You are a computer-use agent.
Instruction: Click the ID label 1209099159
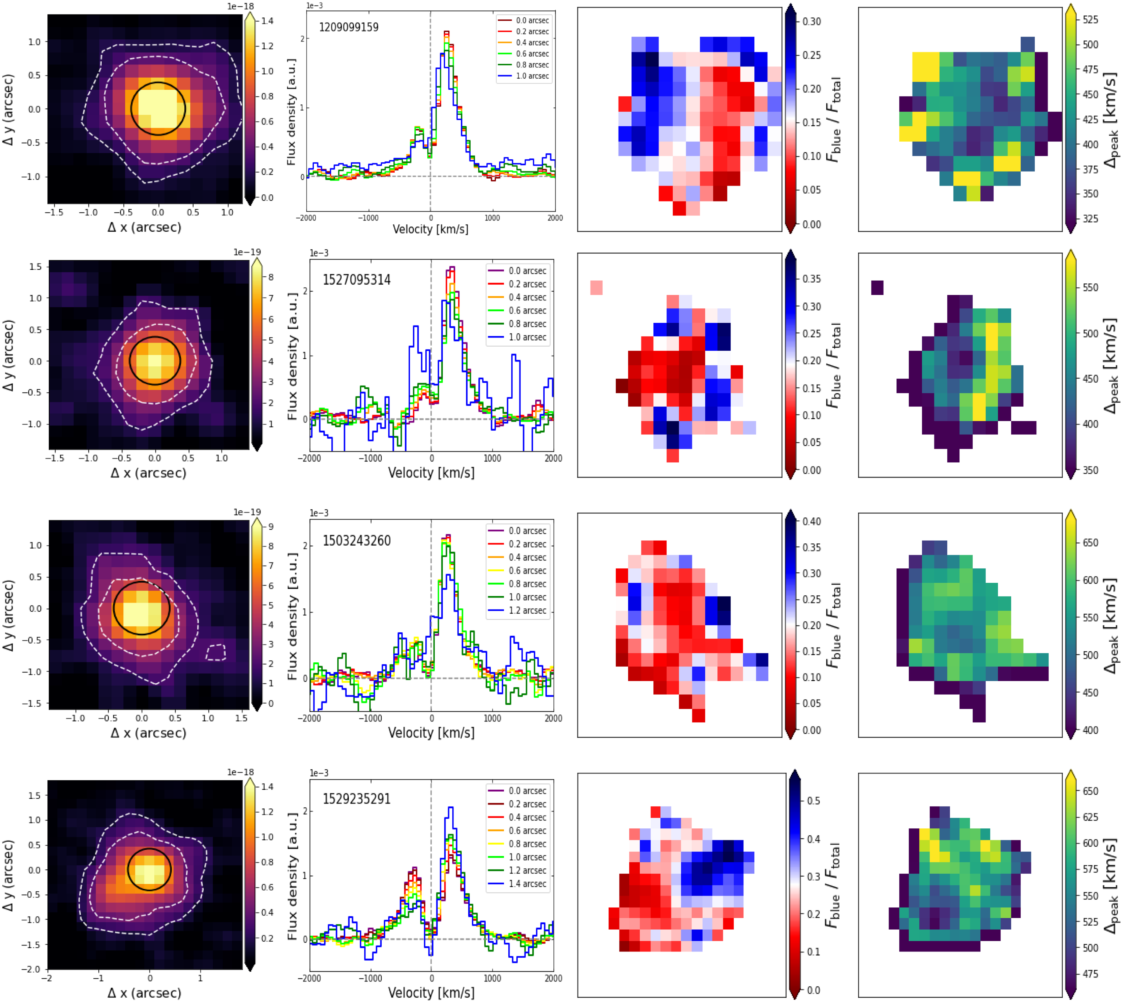pyautogui.click(x=349, y=27)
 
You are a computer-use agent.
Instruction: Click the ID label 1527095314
pyautogui.click(x=357, y=280)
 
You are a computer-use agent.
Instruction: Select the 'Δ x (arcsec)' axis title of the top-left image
pyautogui.click(x=144, y=227)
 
